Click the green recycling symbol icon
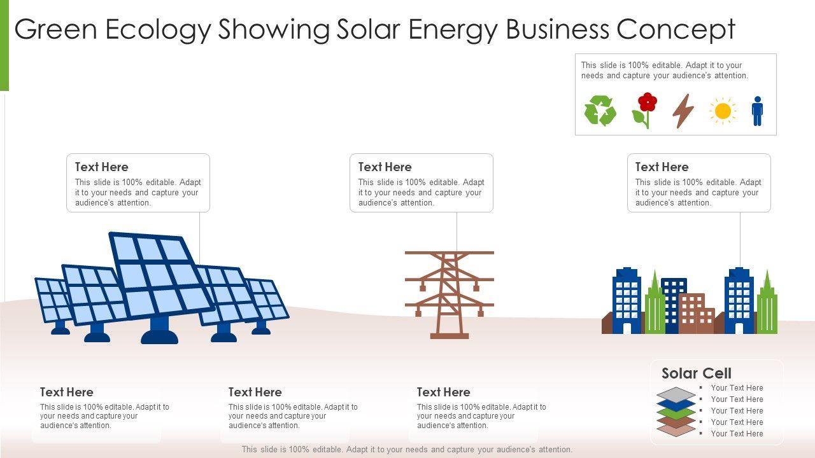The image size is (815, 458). [x=600, y=111]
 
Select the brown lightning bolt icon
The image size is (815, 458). [x=683, y=111]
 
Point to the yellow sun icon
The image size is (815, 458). [x=723, y=111]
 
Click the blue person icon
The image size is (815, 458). [x=757, y=111]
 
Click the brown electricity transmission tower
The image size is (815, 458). [x=450, y=293]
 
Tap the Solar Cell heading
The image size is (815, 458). [x=697, y=373]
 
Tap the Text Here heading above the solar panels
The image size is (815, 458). [x=102, y=167]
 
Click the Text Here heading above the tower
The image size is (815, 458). [x=385, y=167]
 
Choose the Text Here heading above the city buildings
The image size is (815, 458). [x=662, y=167]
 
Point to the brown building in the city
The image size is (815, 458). [x=696, y=313]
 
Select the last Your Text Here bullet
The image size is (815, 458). [x=737, y=434]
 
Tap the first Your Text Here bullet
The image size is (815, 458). [x=737, y=388]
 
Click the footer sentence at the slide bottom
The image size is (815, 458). [x=407, y=450]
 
